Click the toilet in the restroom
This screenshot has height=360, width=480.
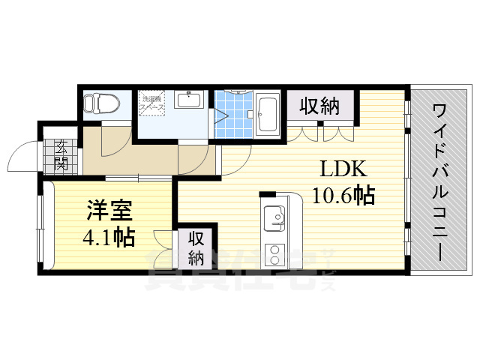pos(98,103)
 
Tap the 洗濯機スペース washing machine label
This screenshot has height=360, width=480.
pos(152,103)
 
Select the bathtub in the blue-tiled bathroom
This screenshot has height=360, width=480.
pos(268,114)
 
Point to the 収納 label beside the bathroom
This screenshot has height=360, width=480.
pos(320,106)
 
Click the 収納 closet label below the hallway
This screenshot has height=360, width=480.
pos(196,248)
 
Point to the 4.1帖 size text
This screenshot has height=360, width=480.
pos(108,238)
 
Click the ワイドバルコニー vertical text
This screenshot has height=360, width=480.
pos(441,180)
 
